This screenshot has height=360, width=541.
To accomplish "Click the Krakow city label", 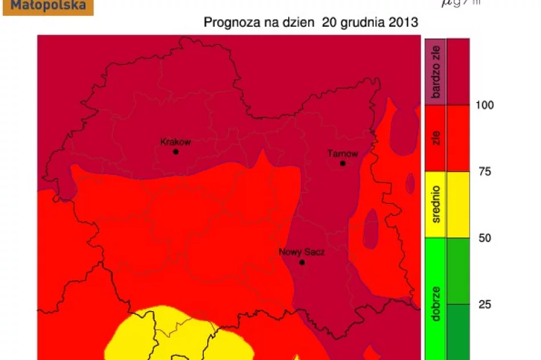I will coord(175,142).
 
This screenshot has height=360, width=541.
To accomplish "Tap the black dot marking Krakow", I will coord(176,152).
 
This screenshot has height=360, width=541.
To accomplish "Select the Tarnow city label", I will coord(343,153).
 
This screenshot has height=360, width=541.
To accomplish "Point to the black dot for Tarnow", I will coord(343,163).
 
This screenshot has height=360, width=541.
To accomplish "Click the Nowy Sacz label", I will coord(302,252).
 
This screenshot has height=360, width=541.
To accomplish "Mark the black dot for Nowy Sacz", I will coord(302,263).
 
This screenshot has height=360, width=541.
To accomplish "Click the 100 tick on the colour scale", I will coord(485,105).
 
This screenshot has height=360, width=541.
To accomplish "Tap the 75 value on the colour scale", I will coord(485,171).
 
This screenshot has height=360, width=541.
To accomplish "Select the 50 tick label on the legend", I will coord(485,238).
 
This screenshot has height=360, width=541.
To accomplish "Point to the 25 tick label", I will coord(485,305).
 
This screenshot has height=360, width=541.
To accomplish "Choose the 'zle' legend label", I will coord(436,138).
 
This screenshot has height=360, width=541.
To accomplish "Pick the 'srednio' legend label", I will coord(436,204).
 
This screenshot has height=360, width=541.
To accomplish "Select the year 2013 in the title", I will coord(403,23).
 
